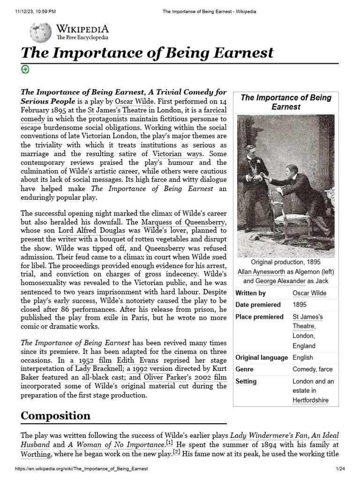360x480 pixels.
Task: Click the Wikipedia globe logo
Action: [41, 32]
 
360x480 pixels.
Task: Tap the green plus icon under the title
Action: [25, 69]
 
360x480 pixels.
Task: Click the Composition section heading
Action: [56, 415]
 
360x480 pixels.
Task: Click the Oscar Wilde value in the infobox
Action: [309, 293]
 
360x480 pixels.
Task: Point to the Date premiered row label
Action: [258, 305]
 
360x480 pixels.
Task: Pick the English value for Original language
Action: [302, 357]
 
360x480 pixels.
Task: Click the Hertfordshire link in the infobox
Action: [310, 400]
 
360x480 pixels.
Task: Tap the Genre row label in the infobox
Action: [244, 369]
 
